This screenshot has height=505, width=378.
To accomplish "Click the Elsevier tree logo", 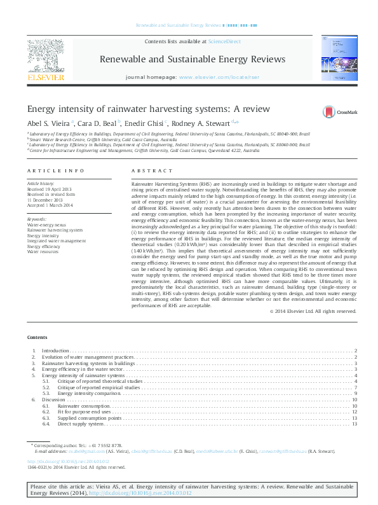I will [x=45, y=56].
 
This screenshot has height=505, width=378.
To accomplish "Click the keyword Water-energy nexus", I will [x=46, y=225].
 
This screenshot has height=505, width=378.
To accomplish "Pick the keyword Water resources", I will [x=44, y=252].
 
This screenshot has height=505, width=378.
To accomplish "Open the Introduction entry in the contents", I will [x=56, y=350].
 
